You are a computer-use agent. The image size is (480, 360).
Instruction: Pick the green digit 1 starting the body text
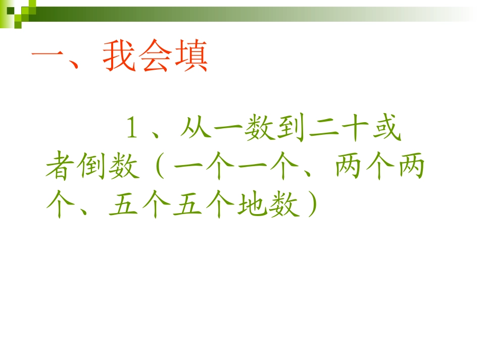(x=132, y=130)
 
